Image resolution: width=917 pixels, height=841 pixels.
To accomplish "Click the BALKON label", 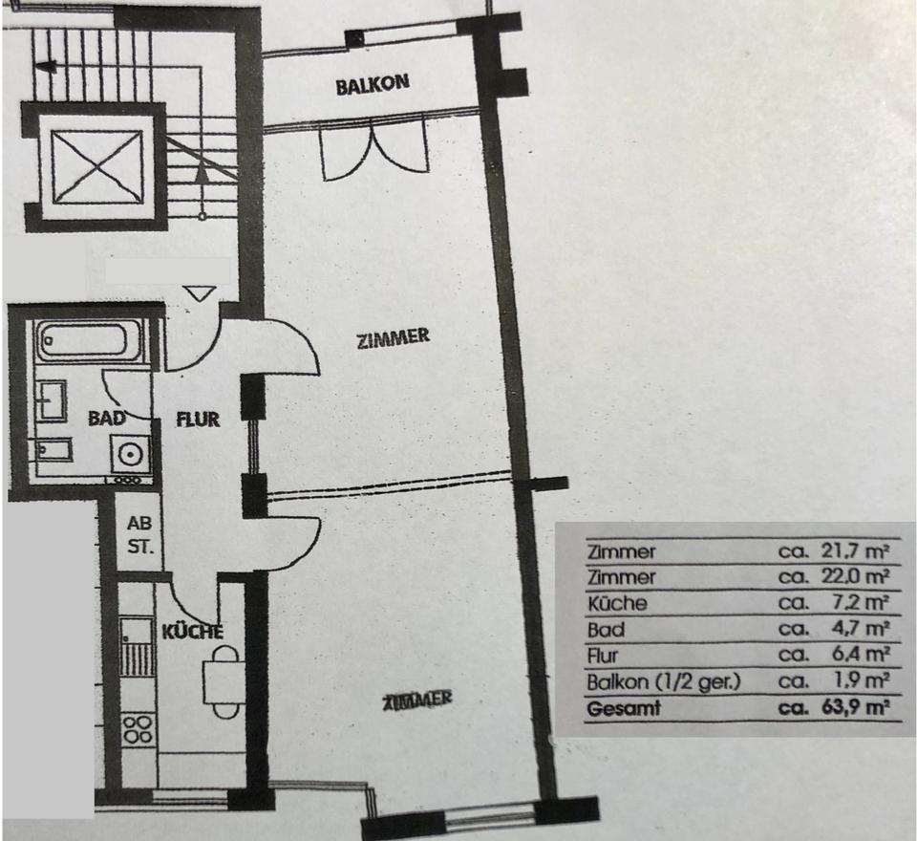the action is (x=373, y=85).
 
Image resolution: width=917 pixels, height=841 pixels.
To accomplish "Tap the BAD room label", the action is (x=107, y=419).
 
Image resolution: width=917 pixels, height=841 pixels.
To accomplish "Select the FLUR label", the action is (x=198, y=419).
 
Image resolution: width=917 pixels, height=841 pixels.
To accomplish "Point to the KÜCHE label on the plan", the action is (x=192, y=632).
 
